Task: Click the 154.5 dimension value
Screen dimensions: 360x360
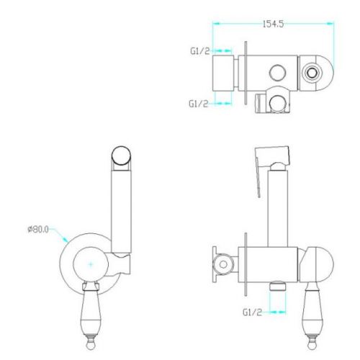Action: click(x=273, y=24)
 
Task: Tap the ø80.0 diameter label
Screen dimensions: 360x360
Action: click(x=38, y=230)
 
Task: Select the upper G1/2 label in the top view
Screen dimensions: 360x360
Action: click(x=200, y=51)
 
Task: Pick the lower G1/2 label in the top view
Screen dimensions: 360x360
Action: click(x=198, y=104)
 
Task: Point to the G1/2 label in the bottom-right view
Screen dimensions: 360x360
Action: click(x=252, y=312)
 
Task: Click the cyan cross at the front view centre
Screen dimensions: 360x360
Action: click(x=91, y=264)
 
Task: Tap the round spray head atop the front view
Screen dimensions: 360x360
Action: click(x=121, y=156)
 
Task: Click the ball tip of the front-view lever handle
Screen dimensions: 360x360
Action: click(x=91, y=345)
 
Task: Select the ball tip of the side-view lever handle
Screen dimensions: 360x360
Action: click(x=312, y=345)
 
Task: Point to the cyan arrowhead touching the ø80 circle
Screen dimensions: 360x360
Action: click(x=66, y=239)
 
